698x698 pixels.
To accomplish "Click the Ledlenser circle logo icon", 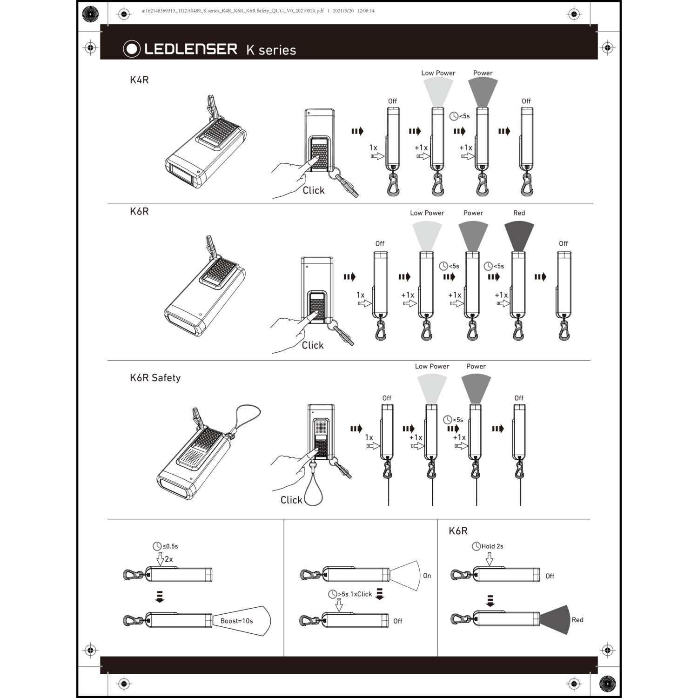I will point(132,49).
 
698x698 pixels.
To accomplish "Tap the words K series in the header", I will point(271,50).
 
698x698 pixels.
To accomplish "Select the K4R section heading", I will point(139,80).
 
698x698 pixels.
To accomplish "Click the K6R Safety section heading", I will point(155,377).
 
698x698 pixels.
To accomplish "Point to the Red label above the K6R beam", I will point(519,213).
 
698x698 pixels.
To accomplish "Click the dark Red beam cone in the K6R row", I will point(519,236).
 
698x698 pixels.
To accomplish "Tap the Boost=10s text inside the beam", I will point(236,621).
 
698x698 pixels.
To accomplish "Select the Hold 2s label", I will point(492,546).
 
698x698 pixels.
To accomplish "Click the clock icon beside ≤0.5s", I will point(157,546).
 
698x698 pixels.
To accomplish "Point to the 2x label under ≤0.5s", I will point(168,559).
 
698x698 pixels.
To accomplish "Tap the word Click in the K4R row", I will point(313,190).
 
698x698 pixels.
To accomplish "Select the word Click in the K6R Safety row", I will point(291,500).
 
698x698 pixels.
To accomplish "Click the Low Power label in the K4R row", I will point(438,73).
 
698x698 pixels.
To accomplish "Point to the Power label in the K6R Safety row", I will point(476,366).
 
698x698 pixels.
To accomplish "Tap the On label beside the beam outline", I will point(427,576).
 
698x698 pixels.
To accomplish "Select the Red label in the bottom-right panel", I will point(577,620).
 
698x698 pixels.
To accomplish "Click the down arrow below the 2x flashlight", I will point(160,597).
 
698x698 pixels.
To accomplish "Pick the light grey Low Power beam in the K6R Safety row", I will point(432,389).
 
